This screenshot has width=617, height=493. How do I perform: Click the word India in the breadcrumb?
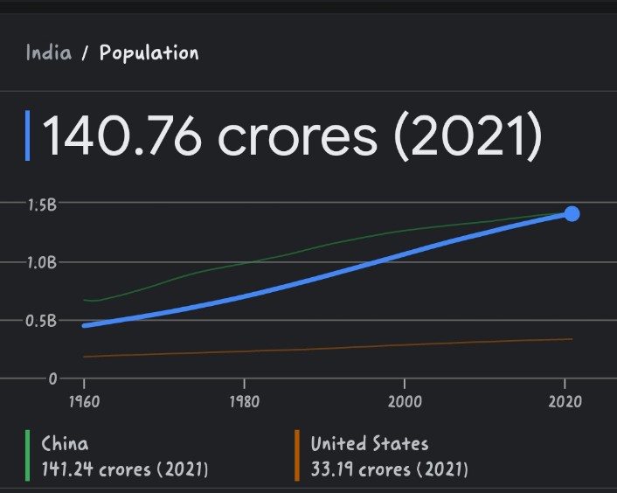point(48,52)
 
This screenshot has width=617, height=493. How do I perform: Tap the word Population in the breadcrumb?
point(149,52)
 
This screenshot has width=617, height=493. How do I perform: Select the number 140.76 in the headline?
point(123,136)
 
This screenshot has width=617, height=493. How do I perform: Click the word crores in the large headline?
point(298,136)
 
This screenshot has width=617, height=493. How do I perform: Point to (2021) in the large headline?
point(468,136)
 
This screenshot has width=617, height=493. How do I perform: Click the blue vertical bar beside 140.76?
point(28,135)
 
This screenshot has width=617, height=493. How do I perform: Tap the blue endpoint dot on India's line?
point(572,213)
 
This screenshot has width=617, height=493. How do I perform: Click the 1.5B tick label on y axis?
point(41,205)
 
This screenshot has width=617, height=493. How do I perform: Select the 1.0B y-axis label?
point(41,262)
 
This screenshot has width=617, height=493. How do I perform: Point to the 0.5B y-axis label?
point(41,320)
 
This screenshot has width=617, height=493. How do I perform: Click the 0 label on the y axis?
point(52,378)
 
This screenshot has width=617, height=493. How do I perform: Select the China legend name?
point(65,444)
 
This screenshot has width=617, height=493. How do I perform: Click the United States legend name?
point(370,444)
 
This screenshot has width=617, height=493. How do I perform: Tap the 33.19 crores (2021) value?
point(389,469)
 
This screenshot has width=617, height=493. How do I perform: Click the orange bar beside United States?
point(296,455)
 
